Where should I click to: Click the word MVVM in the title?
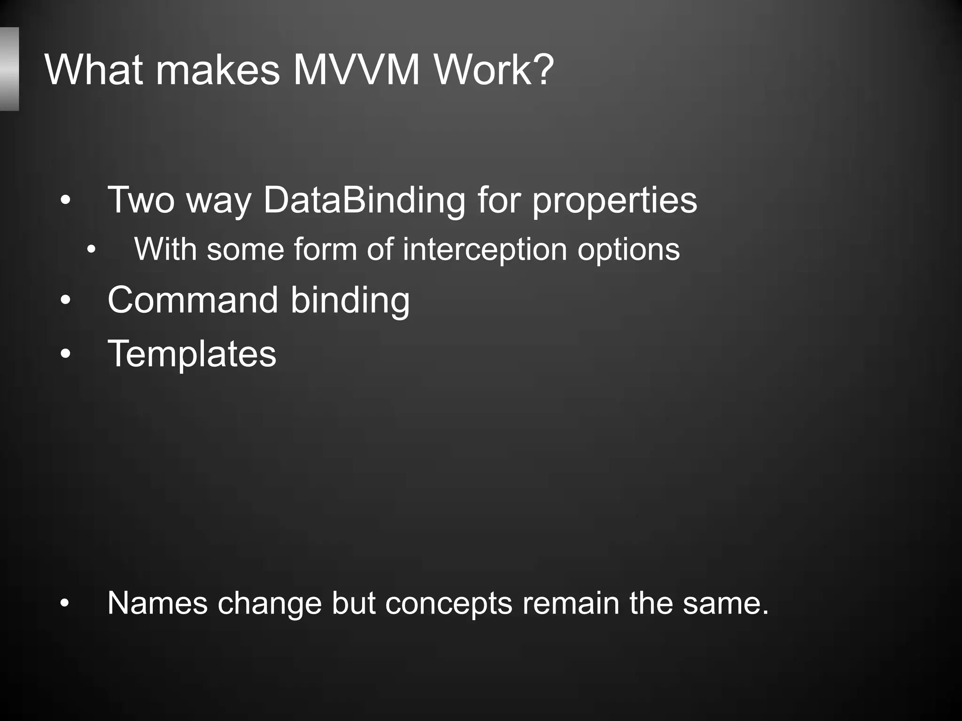pyautogui.click(x=356, y=70)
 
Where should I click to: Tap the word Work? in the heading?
pyautogui.click(x=494, y=70)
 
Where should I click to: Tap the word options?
pyautogui.click(x=628, y=249)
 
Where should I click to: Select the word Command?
pyautogui.click(x=193, y=300)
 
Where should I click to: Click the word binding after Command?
pyautogui.click(x=350, y=300)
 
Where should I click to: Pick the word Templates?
pyautogui.click(x=192, y=354)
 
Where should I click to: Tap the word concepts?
pyautogui.click(x=449, y=604)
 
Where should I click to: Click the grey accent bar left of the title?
pyautogui.click(x=9, y=69)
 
